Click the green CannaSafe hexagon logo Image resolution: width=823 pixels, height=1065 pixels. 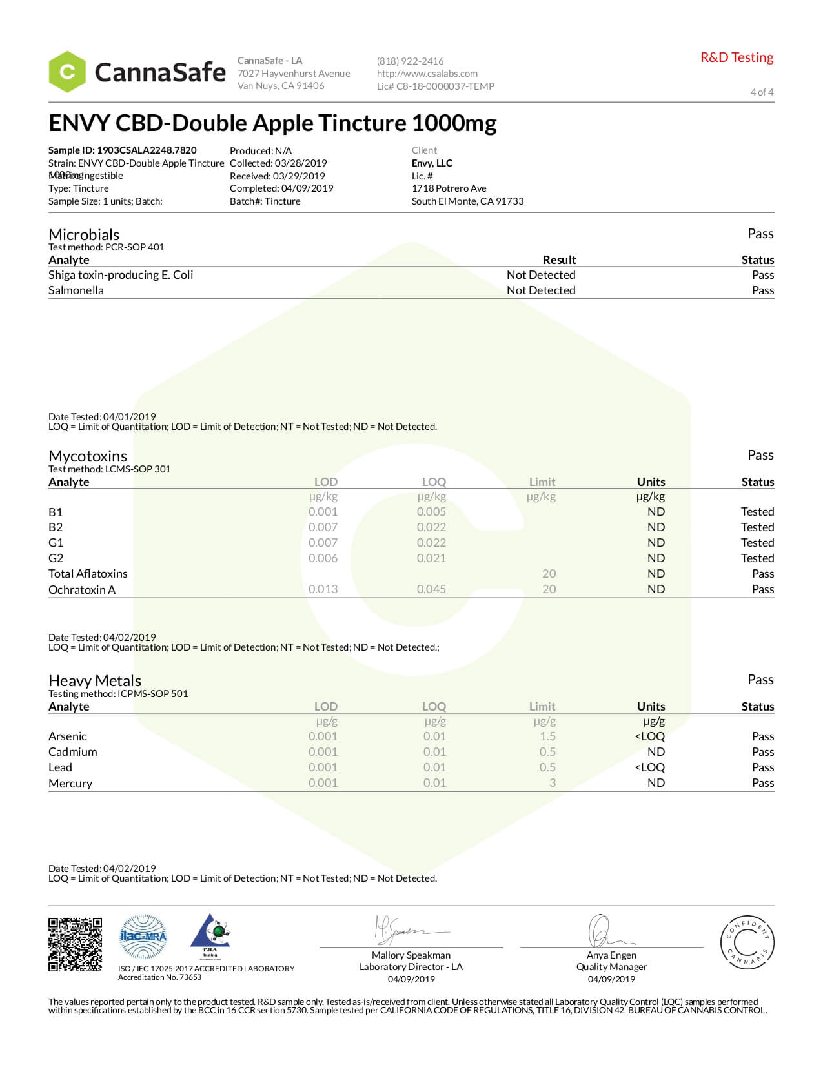67,72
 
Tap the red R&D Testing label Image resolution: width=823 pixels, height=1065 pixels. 737,57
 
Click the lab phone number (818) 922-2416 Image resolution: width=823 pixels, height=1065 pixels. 410,61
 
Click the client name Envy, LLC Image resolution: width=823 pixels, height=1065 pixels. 432,163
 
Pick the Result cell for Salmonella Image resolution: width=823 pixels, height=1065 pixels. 540,290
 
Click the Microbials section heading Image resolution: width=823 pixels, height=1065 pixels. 84,234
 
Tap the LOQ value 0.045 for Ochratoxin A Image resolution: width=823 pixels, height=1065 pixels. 431,589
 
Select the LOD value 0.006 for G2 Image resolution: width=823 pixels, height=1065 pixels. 323,558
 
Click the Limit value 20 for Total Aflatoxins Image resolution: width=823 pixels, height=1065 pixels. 549,574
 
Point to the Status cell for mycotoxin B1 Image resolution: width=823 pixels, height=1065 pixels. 757,512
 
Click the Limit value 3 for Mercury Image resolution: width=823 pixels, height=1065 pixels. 552,783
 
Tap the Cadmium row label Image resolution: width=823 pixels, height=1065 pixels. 73,752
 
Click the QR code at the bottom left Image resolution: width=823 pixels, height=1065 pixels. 75,944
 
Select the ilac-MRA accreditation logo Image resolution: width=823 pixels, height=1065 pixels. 143,937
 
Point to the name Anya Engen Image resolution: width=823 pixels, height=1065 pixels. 611,955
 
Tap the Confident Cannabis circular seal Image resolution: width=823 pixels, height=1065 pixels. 747,942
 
